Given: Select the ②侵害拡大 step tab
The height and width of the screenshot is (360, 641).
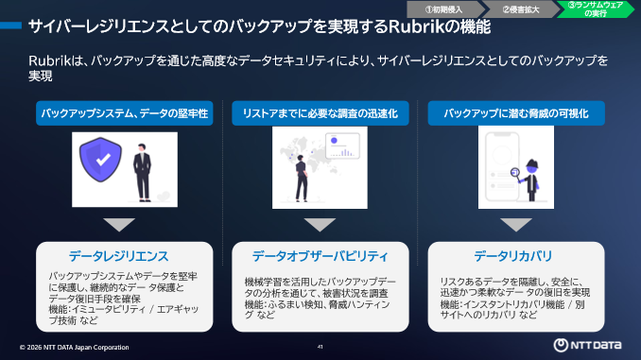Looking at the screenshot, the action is click(519, 9).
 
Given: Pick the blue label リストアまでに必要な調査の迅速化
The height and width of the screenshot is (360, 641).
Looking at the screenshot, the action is click(320, 113).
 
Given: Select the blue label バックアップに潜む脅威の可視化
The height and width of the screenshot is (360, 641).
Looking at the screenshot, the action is click(516, 113).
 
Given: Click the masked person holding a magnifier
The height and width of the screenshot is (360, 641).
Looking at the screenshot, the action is click(534, 178).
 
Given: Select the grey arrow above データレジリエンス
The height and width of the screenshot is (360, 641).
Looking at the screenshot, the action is click(119, 225).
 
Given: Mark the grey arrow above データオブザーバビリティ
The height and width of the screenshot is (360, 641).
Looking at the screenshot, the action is click(320, 225).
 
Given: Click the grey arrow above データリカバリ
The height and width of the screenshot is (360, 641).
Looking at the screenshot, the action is click(516, 225).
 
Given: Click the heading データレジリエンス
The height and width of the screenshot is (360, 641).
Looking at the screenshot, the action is click(119, 256).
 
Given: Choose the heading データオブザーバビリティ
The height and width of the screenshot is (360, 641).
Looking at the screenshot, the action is click(320, 256).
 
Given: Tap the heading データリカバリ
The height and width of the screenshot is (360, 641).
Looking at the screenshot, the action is click(516, 256).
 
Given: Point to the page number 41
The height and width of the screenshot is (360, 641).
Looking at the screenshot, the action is click(320, 347).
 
